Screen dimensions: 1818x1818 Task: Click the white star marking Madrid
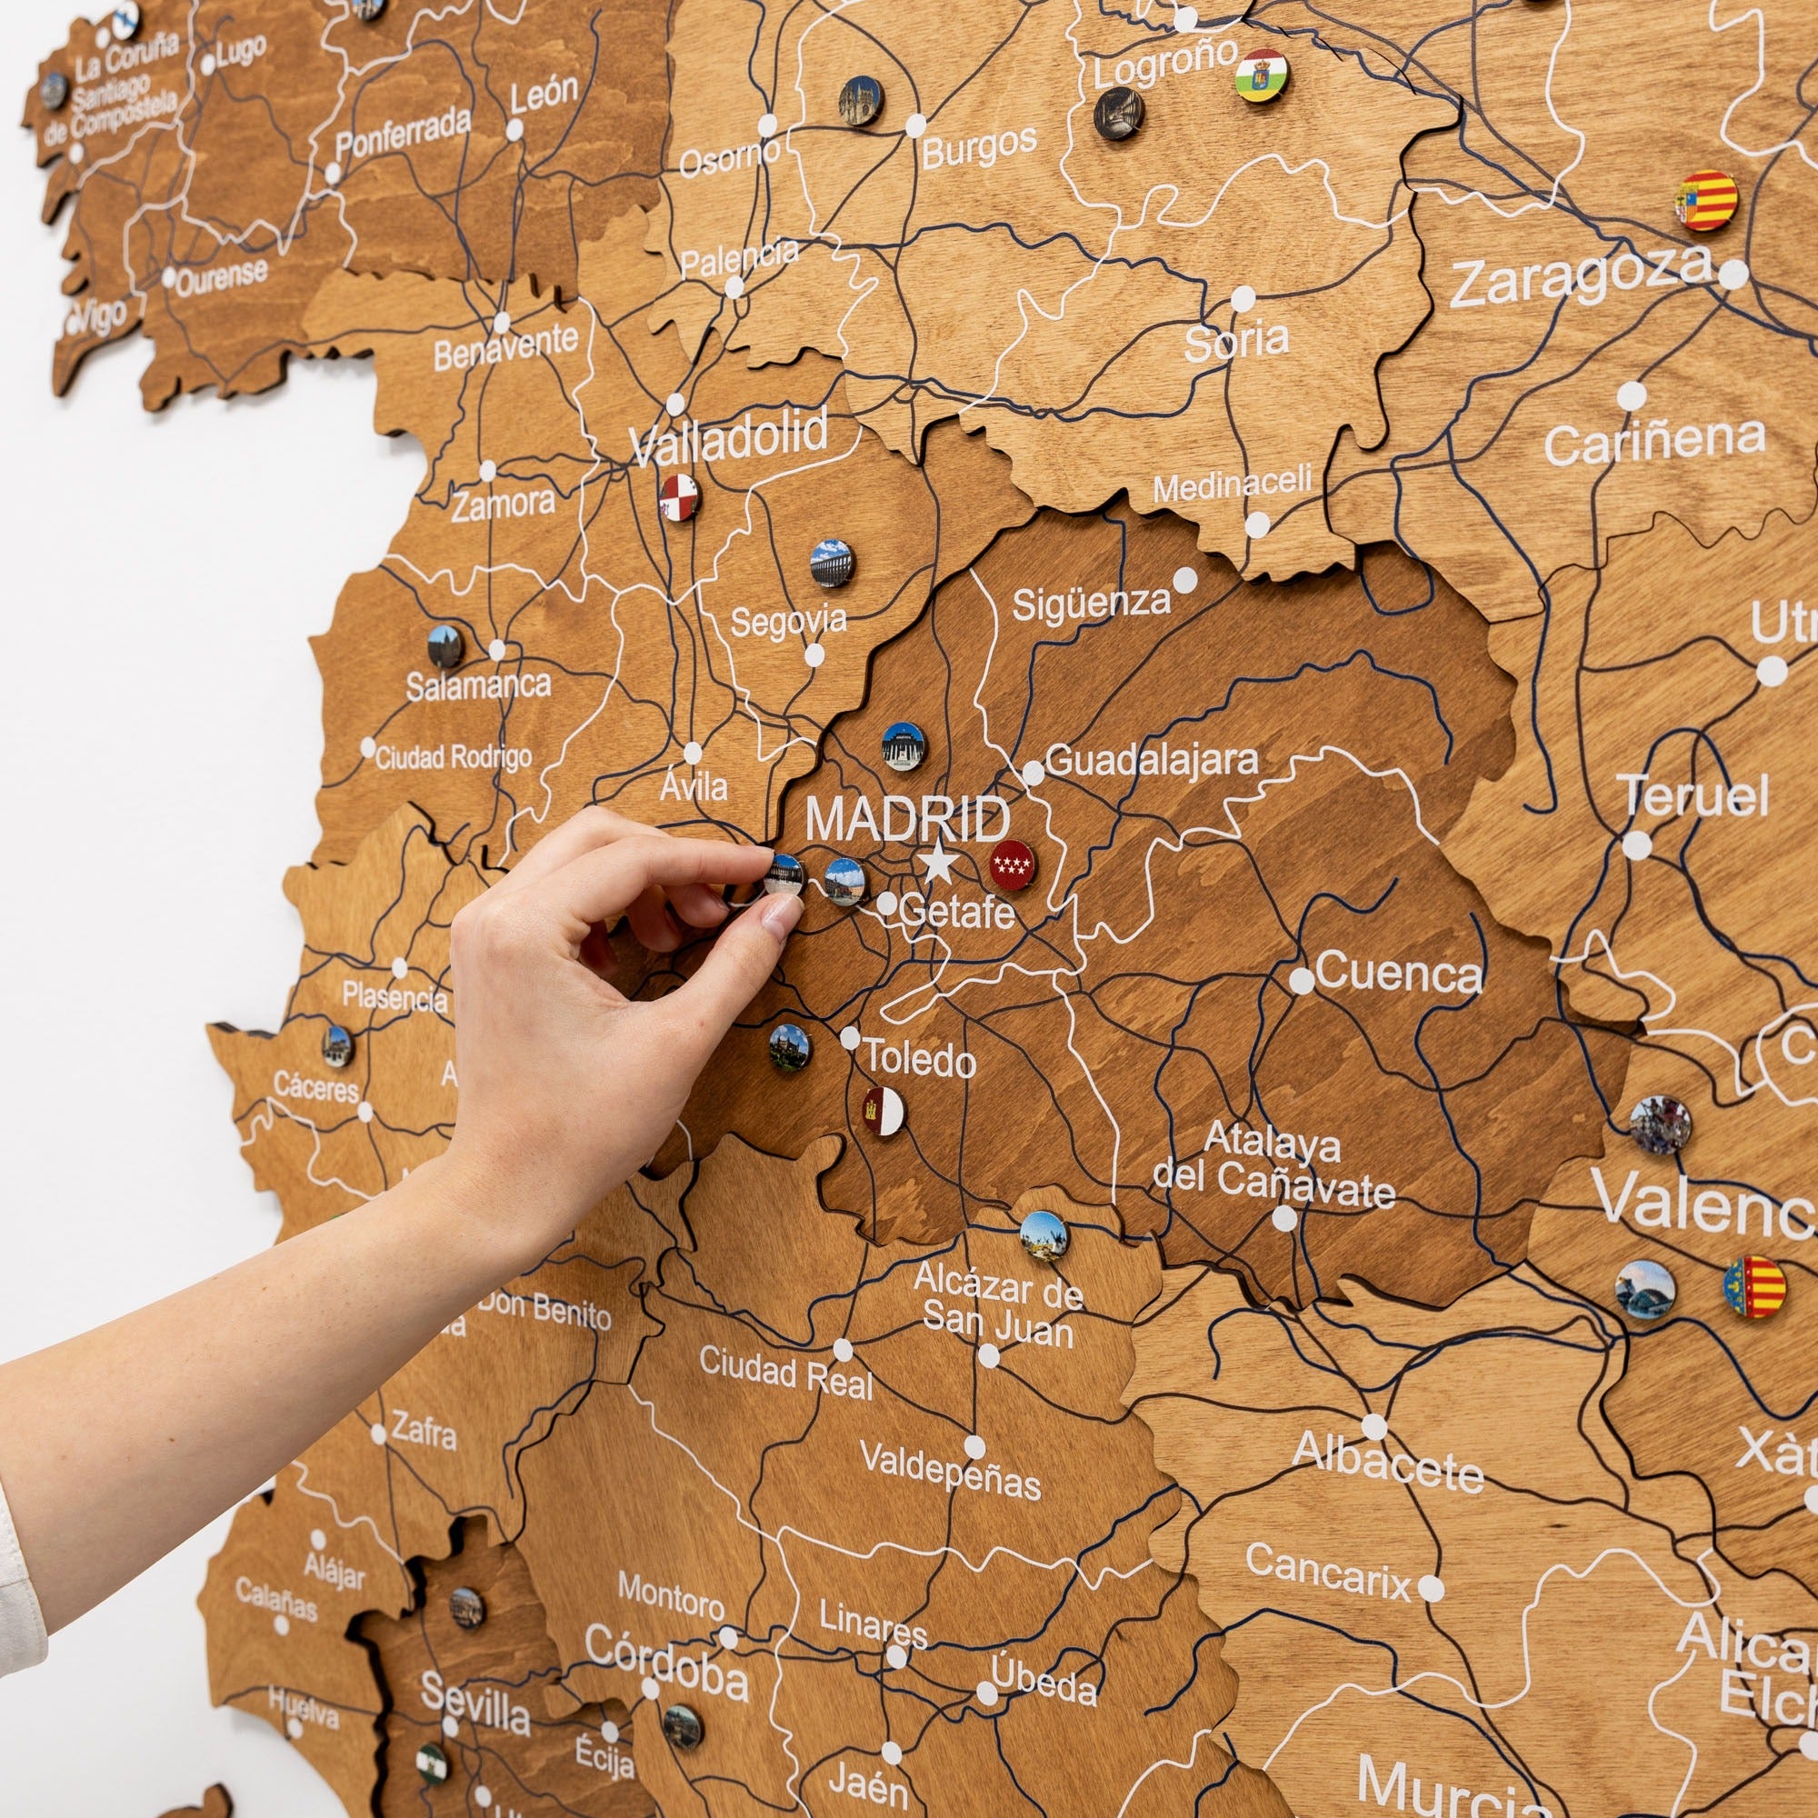938,863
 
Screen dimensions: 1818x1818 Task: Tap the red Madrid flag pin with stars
1013,864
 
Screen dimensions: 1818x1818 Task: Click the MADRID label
908,820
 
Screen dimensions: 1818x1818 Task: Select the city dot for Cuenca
1302,981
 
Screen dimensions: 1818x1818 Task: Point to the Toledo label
920,1061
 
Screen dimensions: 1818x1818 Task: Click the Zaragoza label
1580,276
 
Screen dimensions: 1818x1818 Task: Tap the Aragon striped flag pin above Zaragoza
1706,200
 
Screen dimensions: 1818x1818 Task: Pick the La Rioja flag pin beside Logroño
1261,75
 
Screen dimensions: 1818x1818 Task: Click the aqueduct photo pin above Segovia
831,563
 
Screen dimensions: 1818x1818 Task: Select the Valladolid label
729,436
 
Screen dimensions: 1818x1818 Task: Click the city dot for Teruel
1636,845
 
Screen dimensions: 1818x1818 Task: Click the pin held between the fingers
783,875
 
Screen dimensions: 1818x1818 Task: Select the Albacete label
1387,1461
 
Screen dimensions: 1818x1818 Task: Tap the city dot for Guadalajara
1034,774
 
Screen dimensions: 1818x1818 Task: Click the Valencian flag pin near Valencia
1754,1286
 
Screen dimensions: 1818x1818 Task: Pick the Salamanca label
478,685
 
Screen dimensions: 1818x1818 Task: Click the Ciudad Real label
785,1373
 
